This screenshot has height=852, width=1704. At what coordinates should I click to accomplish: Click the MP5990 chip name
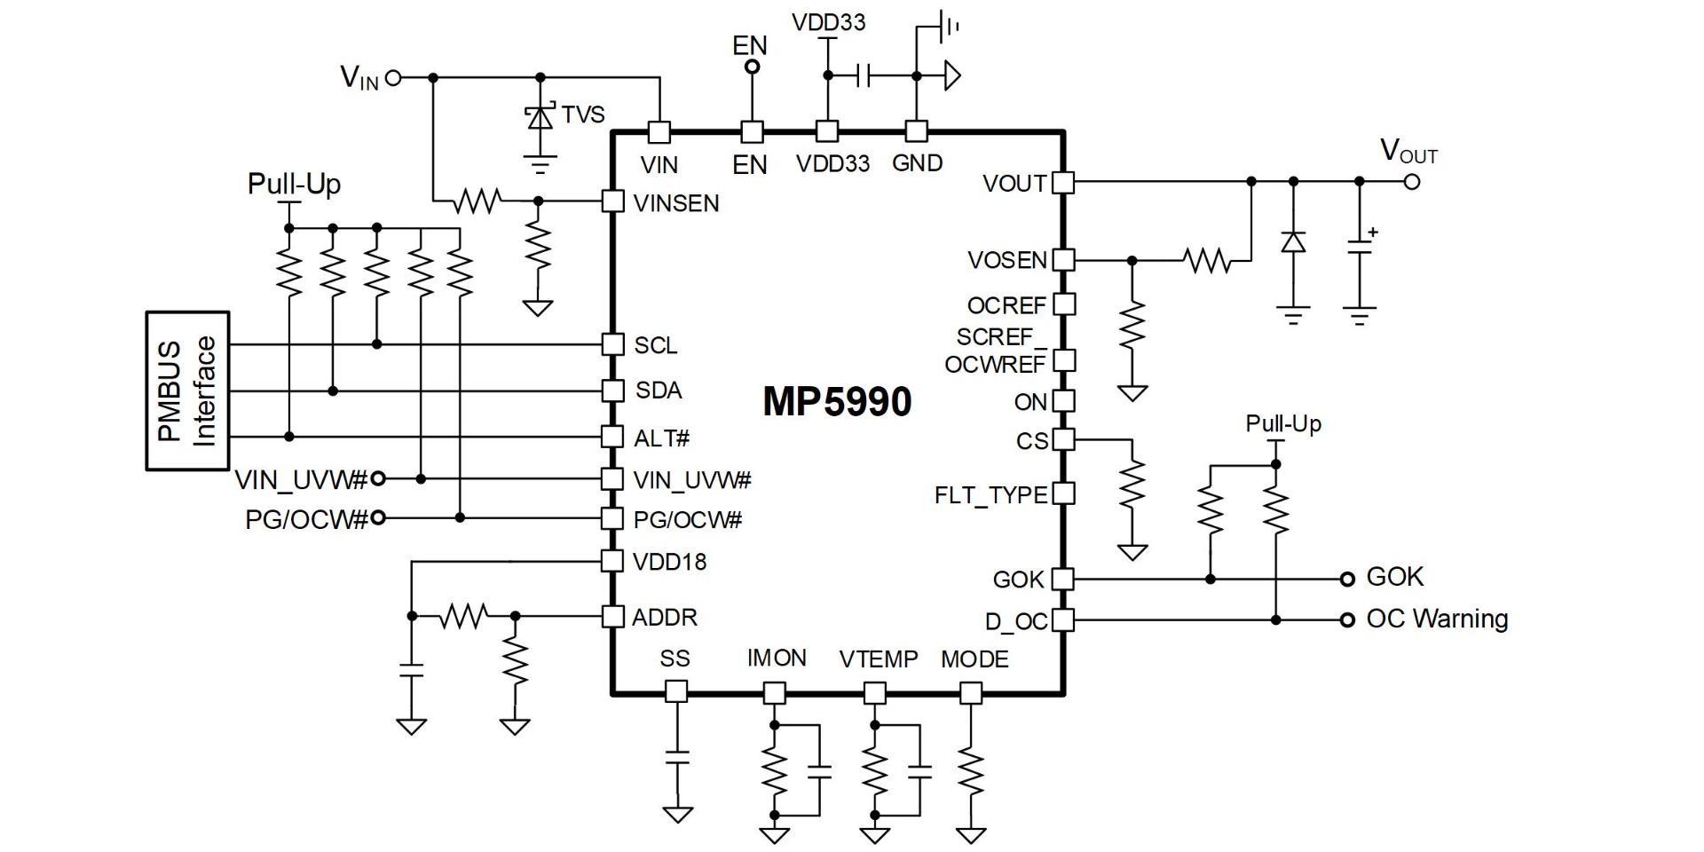(x=837, y=402)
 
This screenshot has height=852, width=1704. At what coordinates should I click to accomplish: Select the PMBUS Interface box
(x=188, y=390)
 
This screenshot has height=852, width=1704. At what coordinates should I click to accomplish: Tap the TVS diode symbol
(x=540, y=118)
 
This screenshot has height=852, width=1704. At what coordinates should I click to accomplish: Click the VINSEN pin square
(x=612, y=201)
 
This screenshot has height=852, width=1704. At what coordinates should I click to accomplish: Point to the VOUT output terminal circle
(x=1412, y=182)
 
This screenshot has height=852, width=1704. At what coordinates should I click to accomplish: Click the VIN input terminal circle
(x=393, y=78)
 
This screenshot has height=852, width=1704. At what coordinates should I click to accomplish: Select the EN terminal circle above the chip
(x=752, y=67)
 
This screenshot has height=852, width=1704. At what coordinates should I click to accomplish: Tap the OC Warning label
(x=1437, y=619)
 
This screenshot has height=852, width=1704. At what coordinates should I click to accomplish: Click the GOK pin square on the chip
(x=1062, y=580)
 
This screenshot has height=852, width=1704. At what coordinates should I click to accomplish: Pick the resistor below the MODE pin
(x=972, y=774)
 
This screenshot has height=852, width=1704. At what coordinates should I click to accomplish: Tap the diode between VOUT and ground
(x=1294, y=241)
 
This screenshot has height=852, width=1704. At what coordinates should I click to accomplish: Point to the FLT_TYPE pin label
(x=990, y=495)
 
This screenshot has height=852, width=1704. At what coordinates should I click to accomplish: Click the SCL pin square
(x=612, y=344)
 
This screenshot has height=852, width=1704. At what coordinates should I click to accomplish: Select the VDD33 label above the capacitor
(x=829, y=22)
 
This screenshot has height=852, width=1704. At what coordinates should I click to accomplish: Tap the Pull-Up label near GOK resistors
(x=1283, y=423)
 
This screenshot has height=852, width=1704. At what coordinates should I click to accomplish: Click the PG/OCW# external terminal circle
(x=378, y=517)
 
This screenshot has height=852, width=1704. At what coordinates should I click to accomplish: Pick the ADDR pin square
(x=612, y=616)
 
